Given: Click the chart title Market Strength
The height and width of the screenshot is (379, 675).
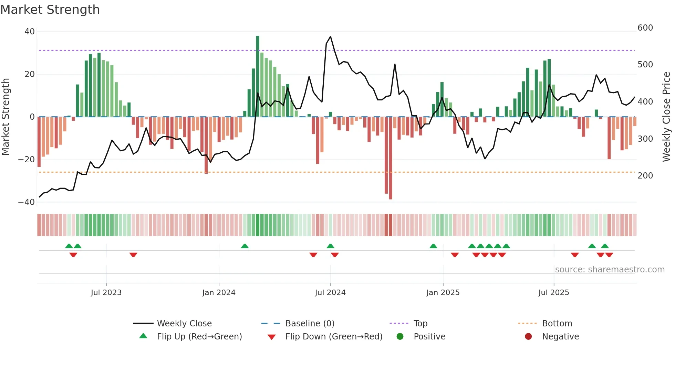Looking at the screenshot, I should click(x=50, y=10).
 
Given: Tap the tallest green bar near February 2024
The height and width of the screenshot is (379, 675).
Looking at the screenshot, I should click(x=258, y=76).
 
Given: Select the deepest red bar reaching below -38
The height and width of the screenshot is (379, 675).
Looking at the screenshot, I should click(x=390, y=158).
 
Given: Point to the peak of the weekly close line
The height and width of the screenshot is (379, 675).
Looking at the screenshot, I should click(x=330, y=37).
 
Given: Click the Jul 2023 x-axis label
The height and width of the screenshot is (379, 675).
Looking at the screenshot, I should click(x=106, y=293).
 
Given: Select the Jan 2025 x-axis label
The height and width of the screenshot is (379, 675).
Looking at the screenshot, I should click(x=443, y=293).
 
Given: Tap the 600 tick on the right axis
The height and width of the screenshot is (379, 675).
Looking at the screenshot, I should click(x=645, y=28).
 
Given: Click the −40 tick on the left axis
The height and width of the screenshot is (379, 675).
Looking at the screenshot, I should click(x=26, y=202).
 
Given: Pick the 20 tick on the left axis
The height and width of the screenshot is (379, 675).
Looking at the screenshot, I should click(x=30, y=74).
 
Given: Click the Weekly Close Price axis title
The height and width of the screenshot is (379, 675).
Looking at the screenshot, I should click(x=666, y=117).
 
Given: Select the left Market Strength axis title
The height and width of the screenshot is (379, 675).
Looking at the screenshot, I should click(x=6, y=117).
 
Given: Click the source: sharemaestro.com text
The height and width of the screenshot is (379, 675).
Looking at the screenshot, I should click(x=610, y=270).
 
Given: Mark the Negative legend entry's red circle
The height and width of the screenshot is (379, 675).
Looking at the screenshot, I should click(x=528, y=336).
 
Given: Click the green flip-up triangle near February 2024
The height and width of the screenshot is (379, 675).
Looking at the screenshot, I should click(x=245, y=246).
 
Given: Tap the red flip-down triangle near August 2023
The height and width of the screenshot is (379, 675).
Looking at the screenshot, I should click(x=133, y=255).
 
